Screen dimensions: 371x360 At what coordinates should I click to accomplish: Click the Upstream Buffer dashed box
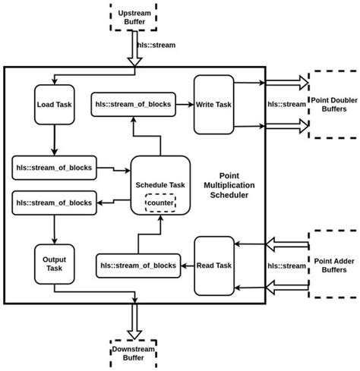click(x=134, y=17)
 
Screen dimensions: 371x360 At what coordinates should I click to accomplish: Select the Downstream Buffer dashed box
click(x=134, y=351)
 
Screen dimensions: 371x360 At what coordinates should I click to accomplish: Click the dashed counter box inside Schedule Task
click(x=159, y=203)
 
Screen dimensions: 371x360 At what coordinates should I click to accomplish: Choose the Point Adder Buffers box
click(x=331, y=266)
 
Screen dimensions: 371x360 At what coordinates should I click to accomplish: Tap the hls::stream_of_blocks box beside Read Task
click(x=137, y=265)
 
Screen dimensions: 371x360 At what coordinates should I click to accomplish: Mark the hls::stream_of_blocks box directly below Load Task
click(x=53, y=166)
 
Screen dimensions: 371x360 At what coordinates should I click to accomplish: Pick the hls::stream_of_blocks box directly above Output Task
click(x=53, y=203)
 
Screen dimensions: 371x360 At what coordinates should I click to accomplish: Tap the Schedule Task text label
click(x=159, y=185)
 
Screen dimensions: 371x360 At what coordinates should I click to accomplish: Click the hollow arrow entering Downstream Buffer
click(x=134, y=320)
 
